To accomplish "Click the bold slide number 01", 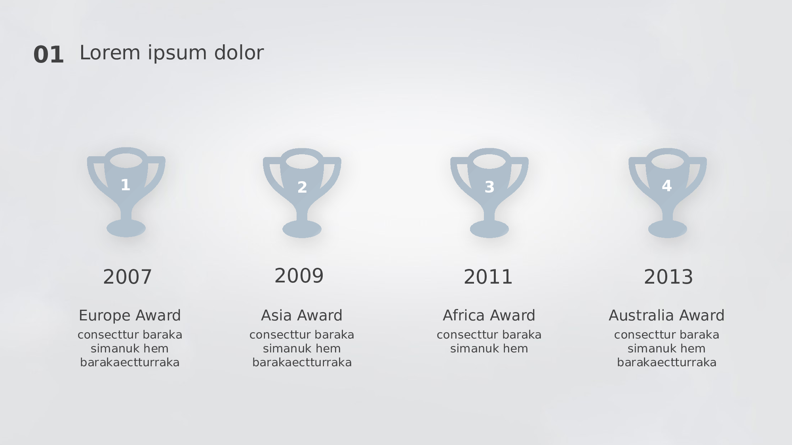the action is [x=49, y=55].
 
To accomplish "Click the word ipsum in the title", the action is [x=177, y=53].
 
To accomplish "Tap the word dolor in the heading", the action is [x=239, y=53].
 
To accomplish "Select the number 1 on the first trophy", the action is [x=126, y=185].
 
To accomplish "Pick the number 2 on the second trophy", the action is [x=302, y=187].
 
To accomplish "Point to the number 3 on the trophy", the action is [x=489, y=187].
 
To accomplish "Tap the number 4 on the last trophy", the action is [x=667, y=186].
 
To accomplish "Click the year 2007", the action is [x=128, y=277].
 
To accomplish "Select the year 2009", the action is [x=299, y=276].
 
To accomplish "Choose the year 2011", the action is [x=488, y=277].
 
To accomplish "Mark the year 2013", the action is [x=668, y=277].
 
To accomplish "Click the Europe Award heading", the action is [x=130, y=316].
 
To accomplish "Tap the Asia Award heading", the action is [x=302, y=316].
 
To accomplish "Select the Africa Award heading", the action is [x=489, y=316].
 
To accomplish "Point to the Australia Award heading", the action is [x=666, y=316].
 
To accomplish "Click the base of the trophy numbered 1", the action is [x=126, y=228].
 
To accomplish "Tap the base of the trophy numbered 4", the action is [x=668, y=229].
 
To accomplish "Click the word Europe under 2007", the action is [x=105, y=316].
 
